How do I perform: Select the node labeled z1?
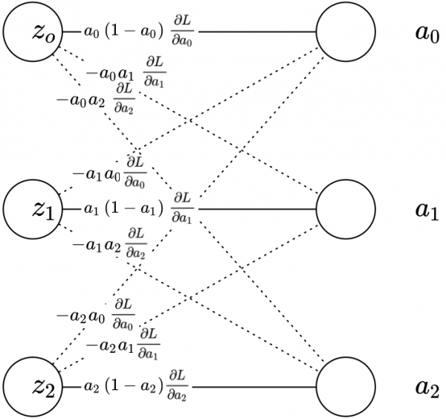[32, 209]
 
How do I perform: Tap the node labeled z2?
[32, 388]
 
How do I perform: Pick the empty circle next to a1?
[344, 209]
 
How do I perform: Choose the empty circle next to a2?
[344, 388]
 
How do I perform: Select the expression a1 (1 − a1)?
[122, 210]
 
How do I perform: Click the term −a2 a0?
[81, 316]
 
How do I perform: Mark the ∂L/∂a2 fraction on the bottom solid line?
[178, 388]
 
